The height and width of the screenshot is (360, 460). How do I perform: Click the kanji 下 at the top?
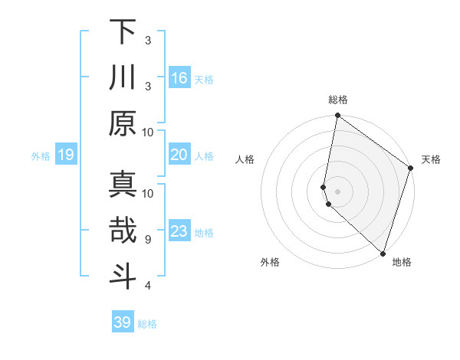coord(123,32)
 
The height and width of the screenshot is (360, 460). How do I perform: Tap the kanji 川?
coord(123,77)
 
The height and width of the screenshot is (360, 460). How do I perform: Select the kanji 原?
coord(123,123)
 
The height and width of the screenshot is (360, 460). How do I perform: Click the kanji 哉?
coord(123,231)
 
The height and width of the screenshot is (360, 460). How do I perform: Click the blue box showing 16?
coord(179,78)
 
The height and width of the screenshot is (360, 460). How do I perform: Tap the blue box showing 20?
coord(179,155)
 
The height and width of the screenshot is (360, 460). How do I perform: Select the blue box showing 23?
coord(179,232)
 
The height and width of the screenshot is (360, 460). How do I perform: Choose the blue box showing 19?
coord(65,155)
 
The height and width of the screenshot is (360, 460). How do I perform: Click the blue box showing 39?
coord(122,322)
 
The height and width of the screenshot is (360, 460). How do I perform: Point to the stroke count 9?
coord(147,240)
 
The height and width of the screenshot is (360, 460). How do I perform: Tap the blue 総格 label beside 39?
coord(147,324)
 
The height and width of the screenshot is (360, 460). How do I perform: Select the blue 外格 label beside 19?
coord(41,156)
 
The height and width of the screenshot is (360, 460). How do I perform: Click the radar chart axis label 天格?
coord(431,159)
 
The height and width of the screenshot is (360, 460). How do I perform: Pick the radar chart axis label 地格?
coord(402,262)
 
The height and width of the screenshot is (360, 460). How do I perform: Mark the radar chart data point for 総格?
coord(337,116)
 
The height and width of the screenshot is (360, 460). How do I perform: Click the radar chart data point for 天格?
coord(411,169)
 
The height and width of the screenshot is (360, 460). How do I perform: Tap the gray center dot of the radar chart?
coord(337,190)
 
